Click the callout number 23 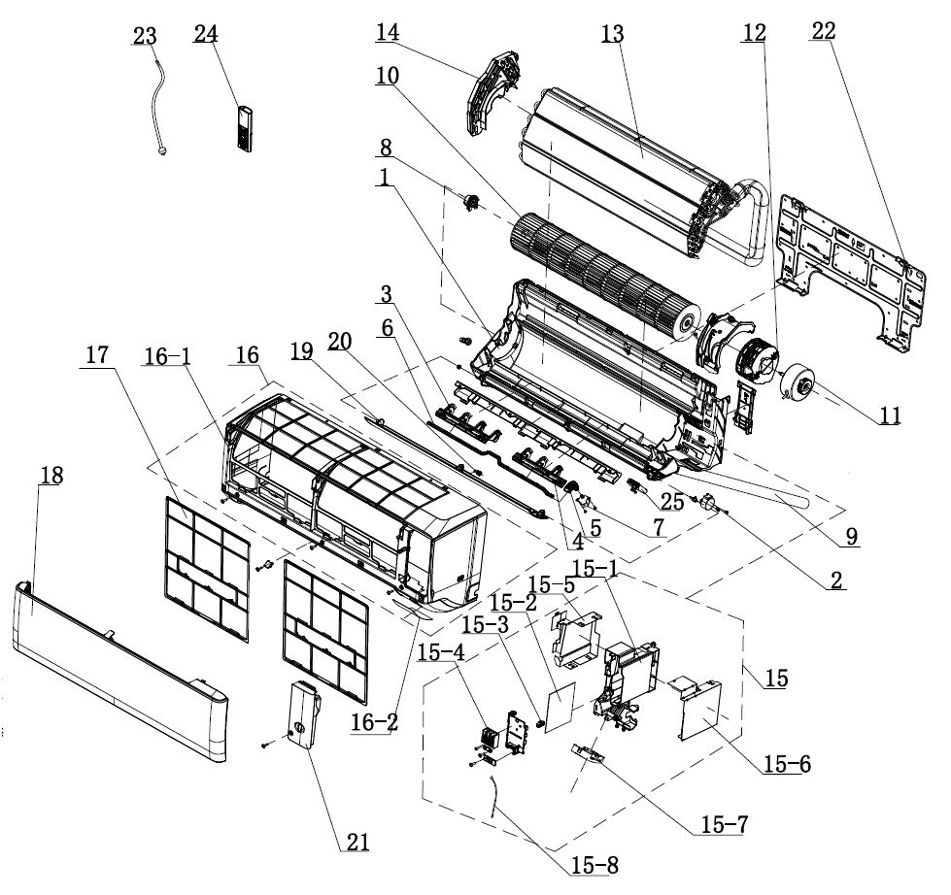click(x=144, y=36)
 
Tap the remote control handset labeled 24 click(x=246, y=127)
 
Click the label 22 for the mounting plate click(x=823, y=31)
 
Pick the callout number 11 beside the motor click(x=890, y=416)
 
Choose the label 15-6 click(x=788, y=765)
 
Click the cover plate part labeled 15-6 click(x=699, y=713)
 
